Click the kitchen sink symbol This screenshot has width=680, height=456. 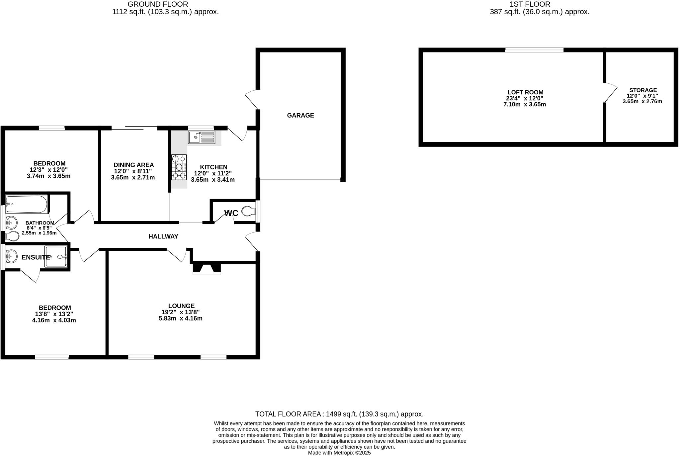click(202, 137)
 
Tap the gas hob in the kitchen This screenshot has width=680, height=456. click(179, 167)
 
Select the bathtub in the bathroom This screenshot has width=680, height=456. click(27, 204)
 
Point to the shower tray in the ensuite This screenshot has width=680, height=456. click(56, 257)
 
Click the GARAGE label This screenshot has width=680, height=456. click(300, 116)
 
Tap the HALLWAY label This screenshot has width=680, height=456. click(163, 236)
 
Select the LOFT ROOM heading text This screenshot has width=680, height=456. click(525, 92)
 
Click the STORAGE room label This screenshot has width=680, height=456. click(643, 90)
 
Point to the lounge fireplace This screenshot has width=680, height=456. click(207, 269)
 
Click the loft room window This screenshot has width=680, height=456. click(534, 50)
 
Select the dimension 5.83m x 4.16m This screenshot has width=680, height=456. click(181, 319)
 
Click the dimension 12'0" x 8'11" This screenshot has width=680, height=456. click(133, 171)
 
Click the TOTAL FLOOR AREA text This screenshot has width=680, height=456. click(339, 414)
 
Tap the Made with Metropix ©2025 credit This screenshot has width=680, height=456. click(339, 453)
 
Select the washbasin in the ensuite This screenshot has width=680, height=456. click(11, 256)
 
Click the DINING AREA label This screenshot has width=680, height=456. click(133, 165)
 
